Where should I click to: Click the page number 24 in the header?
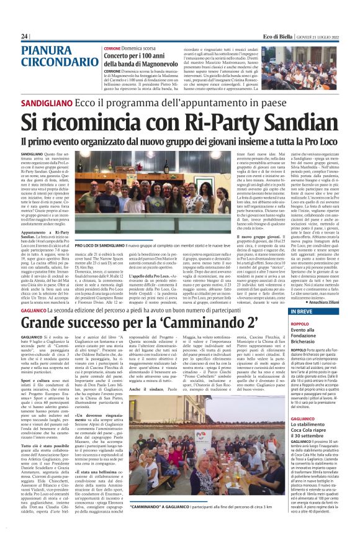24,37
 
